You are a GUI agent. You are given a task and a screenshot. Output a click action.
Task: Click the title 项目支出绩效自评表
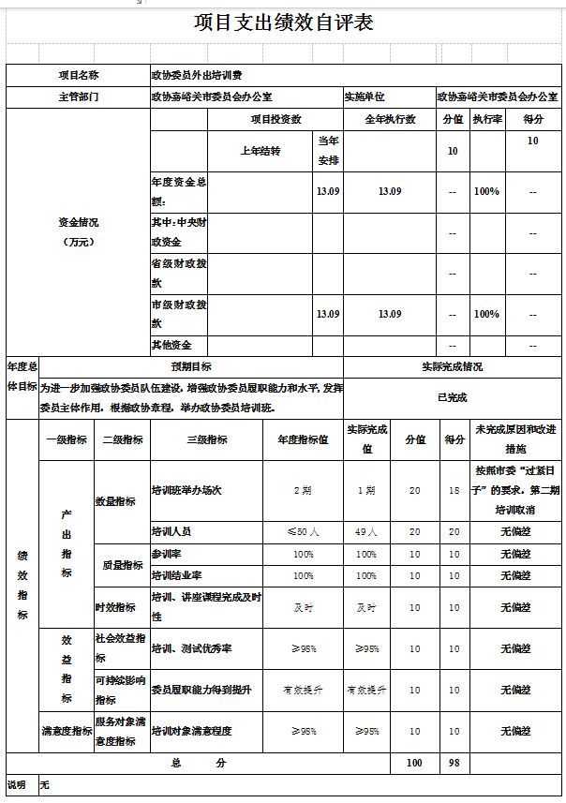(x=283, y=22)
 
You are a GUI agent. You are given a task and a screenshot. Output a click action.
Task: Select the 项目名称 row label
(x=78, y=74)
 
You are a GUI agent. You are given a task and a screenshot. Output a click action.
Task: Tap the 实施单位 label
(x=364, y=97)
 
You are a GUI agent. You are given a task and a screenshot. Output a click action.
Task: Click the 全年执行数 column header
(x=390, y=119)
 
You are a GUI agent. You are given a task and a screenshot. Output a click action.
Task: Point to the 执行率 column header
(x=486, y=119)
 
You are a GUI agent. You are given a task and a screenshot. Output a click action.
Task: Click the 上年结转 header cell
(x=260, y=151)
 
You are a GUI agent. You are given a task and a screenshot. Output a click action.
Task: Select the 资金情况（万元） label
(x=78, y=230)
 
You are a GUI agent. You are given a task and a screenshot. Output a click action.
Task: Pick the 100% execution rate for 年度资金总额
(x=486, y=191)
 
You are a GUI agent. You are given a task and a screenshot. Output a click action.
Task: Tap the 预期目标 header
(x=190, y=366)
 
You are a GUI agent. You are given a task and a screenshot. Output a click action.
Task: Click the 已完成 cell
(x=453, y=396)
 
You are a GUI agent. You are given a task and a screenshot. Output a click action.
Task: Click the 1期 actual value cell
(x=366, y=490)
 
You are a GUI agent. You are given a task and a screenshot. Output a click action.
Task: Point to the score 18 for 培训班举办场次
(x=454, y=490)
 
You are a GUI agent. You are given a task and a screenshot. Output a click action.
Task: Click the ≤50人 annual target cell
(x=303, y=531)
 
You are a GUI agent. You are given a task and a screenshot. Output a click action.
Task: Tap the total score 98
(x=454, y=763)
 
